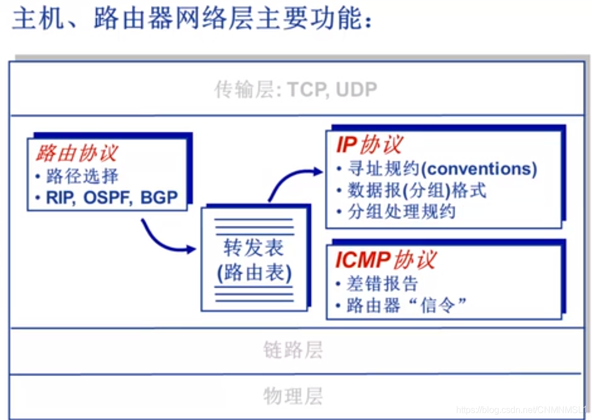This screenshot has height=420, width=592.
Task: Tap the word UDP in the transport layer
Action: coord(356,90)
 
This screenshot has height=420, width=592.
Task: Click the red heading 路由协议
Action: coord(77,154)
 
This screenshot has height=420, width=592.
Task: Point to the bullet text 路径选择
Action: coord(82,176)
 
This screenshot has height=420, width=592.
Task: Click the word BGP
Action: coord(159,198)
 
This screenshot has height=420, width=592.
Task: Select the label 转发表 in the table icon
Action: coord(254,247)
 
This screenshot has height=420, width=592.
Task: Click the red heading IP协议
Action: coord(369,145)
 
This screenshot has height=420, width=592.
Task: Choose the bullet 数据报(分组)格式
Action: coord(416,190)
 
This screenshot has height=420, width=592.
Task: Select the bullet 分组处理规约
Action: coord(401,212)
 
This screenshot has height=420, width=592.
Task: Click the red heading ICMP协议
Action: coord(385,260)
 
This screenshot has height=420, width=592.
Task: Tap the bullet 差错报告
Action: coord(382,284)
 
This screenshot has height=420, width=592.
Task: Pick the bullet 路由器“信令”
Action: coord(406,305)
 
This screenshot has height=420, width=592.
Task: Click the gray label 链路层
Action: coord(293,350)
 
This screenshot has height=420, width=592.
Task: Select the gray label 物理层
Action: coord(293,396)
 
